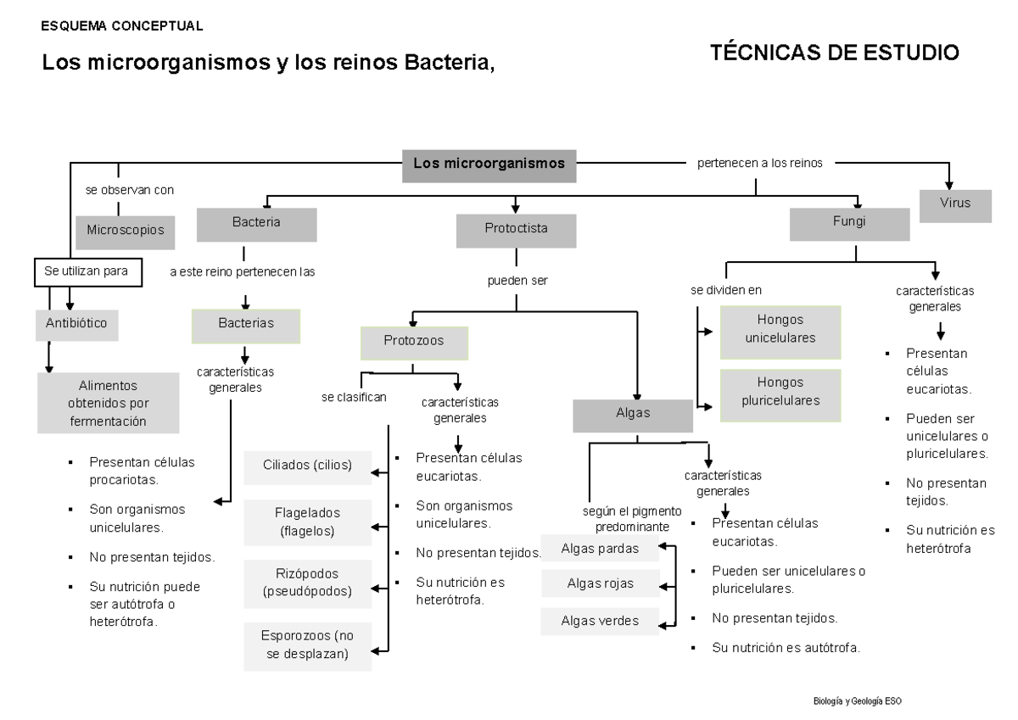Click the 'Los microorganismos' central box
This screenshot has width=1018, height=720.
pyautogui.click(x=489, y=165)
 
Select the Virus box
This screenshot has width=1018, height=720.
pyautogui.click(x=954, y=204)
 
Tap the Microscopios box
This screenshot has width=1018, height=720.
pyautogui.click(x=125, y=229)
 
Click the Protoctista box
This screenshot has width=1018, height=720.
pyautogui.click(x=516, y=229)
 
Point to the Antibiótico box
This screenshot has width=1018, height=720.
pyautogui.click(x=76, y=324)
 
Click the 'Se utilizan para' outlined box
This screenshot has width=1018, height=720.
pyautogui.click(x=87, y=272)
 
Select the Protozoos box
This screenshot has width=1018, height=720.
pyautogui.click(x=414, y=341)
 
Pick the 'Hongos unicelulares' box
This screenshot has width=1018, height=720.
pyautogui.click(x=780, y=328)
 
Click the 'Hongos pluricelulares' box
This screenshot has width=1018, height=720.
pyautogui.click(x=780, y=392)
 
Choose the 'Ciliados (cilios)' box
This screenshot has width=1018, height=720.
pyautogui.click(x=307, y=466)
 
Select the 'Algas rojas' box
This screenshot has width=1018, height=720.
pyautogui.click(x=600, y=583)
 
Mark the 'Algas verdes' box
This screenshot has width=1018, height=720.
pyautogui.click(x=600, y=620)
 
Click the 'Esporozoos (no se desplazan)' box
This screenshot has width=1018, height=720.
pyautogui.click(x=307, y=646)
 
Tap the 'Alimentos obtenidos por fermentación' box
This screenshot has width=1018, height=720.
pyautogui.click(x=108, y=403)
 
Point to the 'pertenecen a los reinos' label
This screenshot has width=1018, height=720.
pyautogui.click(x=759, y=164)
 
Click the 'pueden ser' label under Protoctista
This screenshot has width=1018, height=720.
pyautogui.click(x=512, y=280)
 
